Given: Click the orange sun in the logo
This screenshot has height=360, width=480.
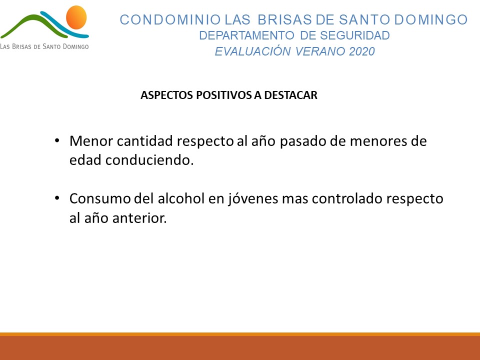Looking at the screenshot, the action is (x=76, y=17).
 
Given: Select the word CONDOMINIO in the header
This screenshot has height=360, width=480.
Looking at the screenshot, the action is (x=170, y=20).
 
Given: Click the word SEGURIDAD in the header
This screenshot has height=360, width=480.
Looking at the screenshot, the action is (x=355, y=35).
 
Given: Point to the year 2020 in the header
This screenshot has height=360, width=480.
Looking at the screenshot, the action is (x=362, y=51).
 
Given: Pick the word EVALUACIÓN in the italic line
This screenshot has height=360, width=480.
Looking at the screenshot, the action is (x=253, y=51).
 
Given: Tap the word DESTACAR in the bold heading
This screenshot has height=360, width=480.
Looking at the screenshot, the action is (x=291, y=95).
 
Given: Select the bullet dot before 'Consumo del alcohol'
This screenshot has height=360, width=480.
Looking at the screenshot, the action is (x=57, y=198).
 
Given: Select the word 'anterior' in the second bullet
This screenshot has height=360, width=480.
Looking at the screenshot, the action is (x=139, y=218).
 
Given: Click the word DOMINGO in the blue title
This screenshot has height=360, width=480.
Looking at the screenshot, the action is (x=430, y=20).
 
